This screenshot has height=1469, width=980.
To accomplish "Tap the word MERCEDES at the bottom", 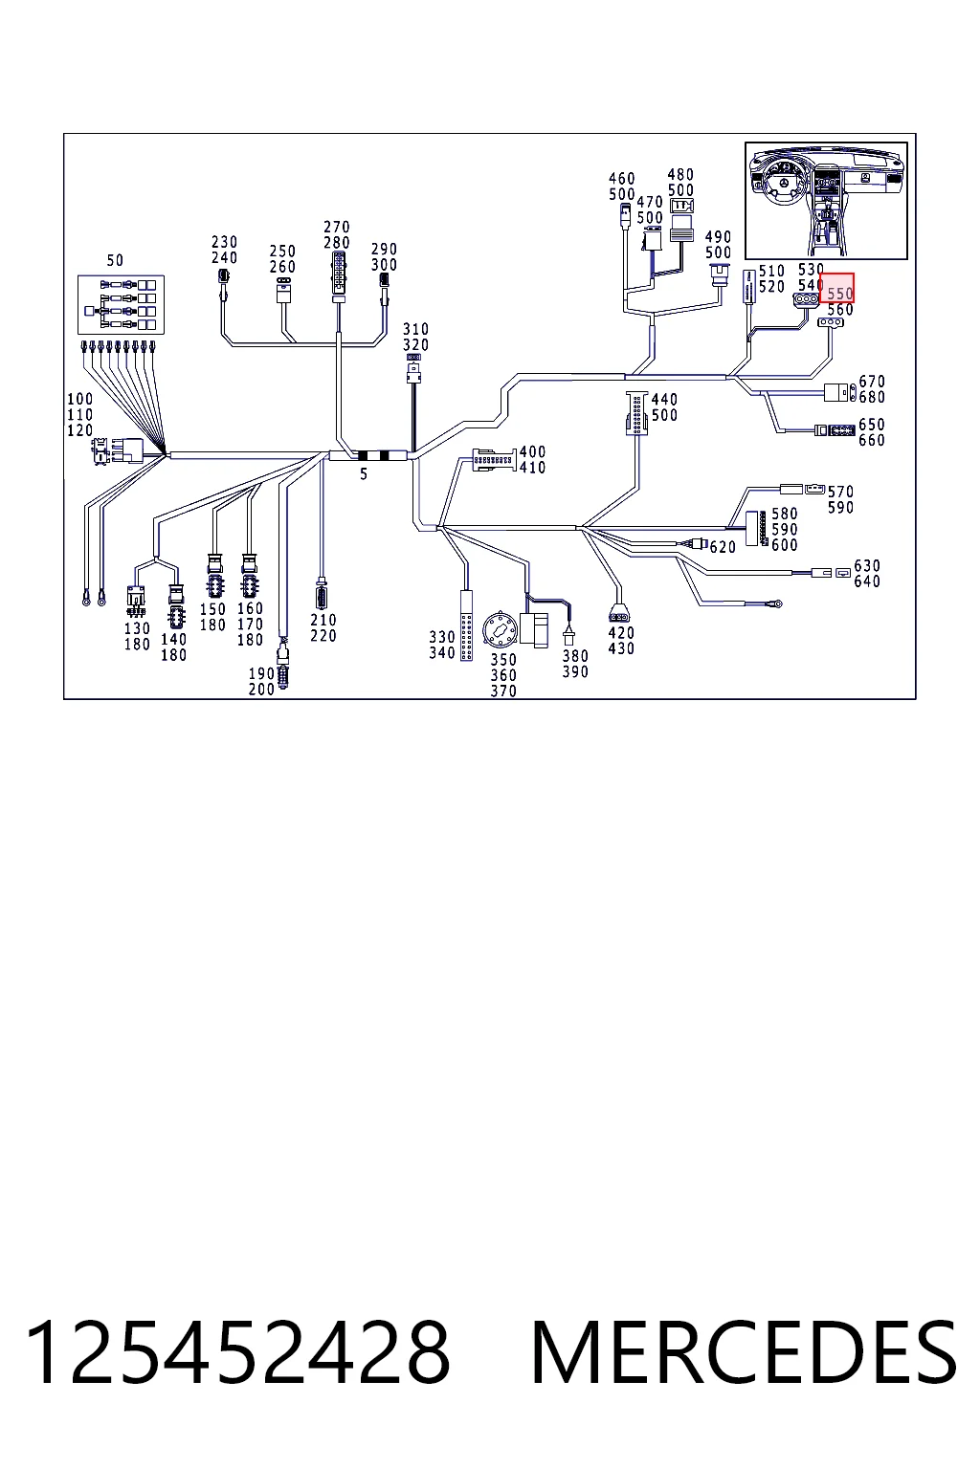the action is pos(744,1354).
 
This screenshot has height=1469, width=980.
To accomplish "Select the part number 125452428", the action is pos(237,1354).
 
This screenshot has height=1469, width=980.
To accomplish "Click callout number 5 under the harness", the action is pos(364,474).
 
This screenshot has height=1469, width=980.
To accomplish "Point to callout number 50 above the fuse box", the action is pos(115,260).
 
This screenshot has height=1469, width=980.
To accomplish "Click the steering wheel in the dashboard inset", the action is pos(785,184).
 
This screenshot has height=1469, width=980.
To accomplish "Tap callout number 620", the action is pos(723,547).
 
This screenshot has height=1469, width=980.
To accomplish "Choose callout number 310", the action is pos(415,329).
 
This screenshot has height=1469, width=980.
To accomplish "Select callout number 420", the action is pos(621,633).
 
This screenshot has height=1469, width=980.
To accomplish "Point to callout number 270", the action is pos(337,227).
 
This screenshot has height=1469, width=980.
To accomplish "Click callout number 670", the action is pos(872,382).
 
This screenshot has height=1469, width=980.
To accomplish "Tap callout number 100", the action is pos(80,399).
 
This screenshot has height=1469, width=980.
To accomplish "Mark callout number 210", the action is pos(323,620).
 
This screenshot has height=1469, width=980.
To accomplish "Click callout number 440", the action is pos(664,400).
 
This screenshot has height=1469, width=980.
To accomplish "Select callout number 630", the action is pos(866,565).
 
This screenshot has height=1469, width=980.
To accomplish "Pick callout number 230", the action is pos(225,242).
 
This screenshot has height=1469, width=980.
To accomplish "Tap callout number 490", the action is pos(718,237).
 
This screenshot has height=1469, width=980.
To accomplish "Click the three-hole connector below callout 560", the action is pos(831,322).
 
